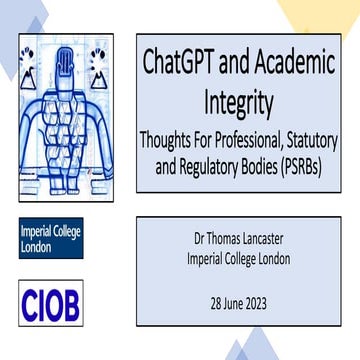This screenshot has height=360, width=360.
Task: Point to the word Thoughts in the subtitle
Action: click(x=179, y=137)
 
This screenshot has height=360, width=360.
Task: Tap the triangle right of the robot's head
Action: click(x=98, y=76)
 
